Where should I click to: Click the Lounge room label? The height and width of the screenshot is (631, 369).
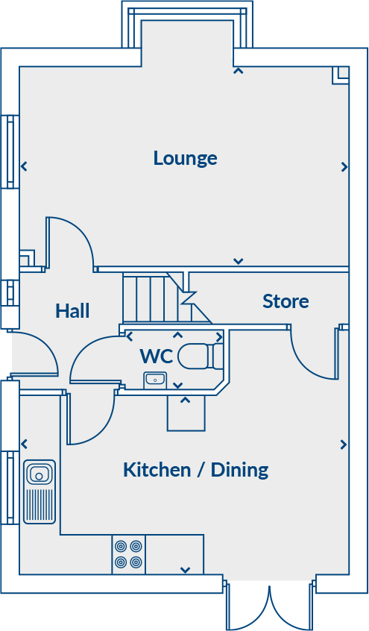(x=185, y=158)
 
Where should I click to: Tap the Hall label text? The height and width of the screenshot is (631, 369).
(x=72, y=311)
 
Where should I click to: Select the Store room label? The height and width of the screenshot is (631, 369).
(x=286, y=301)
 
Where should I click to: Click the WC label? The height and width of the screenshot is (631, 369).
(x=157, y=357)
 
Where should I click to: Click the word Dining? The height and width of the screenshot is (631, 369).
(x=239, y=470)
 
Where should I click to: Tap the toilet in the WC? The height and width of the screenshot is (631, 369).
(x=201, y=356)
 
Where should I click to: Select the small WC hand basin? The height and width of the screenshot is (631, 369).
(x=155, y=380)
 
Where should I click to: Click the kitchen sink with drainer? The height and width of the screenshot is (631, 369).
(x=39, y=491)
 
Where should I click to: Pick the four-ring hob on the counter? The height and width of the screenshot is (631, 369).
(x=128, y=554)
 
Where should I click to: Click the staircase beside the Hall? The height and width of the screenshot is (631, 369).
(x=153, y=298)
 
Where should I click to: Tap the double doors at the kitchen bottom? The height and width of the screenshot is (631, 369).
(x=269, y=606)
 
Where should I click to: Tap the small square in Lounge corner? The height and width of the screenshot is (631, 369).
(x=341, y=74)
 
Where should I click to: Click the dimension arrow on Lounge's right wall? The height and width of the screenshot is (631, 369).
(x=344, y=167)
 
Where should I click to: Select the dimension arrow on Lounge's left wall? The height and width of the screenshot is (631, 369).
(x=25, y=166)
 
